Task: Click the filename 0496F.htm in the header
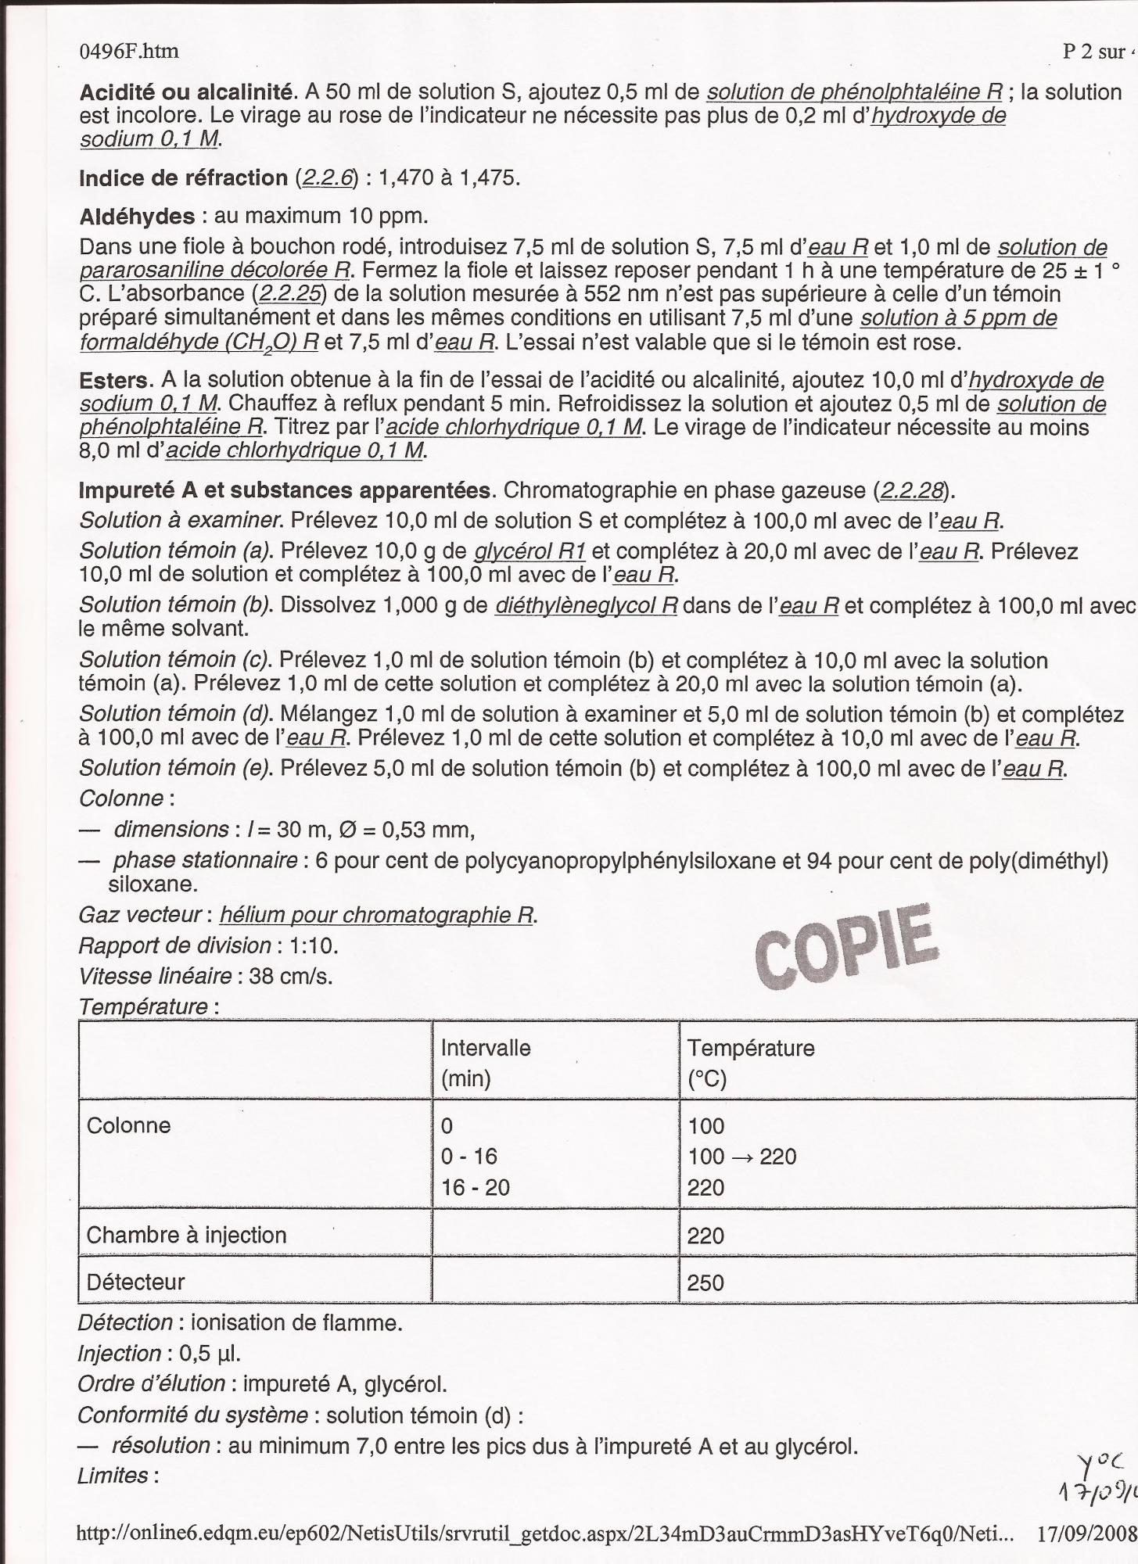click(129, 52)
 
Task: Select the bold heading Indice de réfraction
click(183, 178)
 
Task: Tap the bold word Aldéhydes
click(137, 216)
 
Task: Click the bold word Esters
click(114, 381)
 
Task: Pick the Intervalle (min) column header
click(486, 1063)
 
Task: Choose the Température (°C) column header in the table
click(750, 1063)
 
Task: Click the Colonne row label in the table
click(128, 1125)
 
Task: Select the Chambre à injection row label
click(186, 1235)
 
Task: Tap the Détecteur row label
click(135, 1282)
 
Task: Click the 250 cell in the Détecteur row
click(705, 1282)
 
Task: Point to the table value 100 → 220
click(741, 1157)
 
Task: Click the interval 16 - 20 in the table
click(475, 1188)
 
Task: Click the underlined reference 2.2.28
click(912, 490)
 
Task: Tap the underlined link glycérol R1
click(530, 551)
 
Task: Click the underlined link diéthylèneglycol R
click(587, 605)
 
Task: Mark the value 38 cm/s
click(291, 977)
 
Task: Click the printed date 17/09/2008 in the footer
click(1086, 1534)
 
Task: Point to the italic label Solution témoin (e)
click(175, 768)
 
